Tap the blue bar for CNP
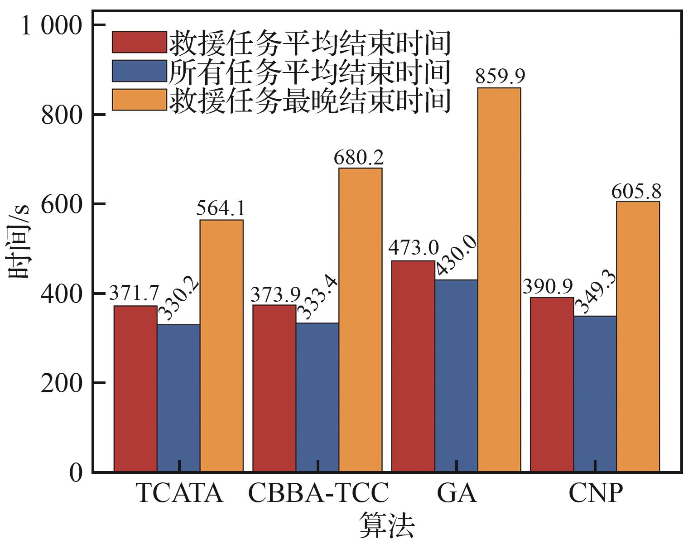pos(595,394)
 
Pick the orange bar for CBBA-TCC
pos(361,320)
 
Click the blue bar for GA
pos(456,376)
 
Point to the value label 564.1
pos(221,209)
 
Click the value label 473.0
pos(413,249)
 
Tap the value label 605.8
pos(636,192)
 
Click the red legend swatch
pos(139,42)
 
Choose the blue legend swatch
pos(139,71)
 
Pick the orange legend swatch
pos(139,99)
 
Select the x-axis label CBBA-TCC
pos(318,493)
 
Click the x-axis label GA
pos(457,493)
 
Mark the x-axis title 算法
pos(387,525)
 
